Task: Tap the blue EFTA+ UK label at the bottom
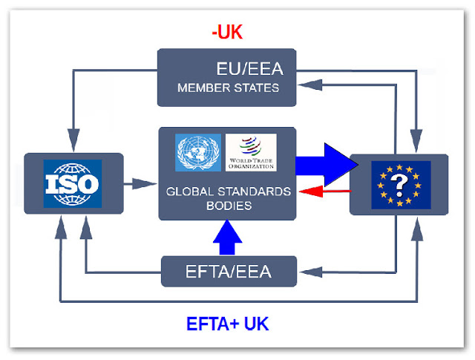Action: [x=227, y=324]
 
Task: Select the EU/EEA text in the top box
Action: [x=228, y=71]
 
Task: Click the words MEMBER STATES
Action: [x=228, y=89]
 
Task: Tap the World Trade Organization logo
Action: [x=250, y=152]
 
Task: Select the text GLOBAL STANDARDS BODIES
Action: [x=228, y=198]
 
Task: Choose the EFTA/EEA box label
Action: [x=228, y=272]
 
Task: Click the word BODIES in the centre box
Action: [x=228, y=206]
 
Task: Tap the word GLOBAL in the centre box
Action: [x=194, y=192]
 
